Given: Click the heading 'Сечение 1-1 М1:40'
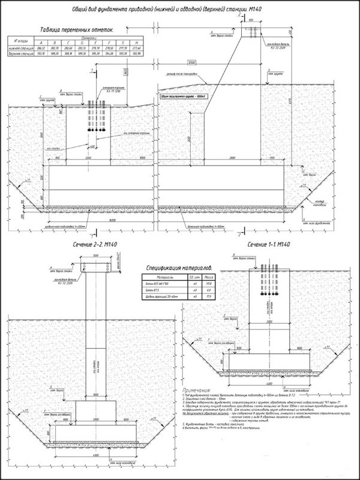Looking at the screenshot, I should pyautogui.click(x=268, y=245).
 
